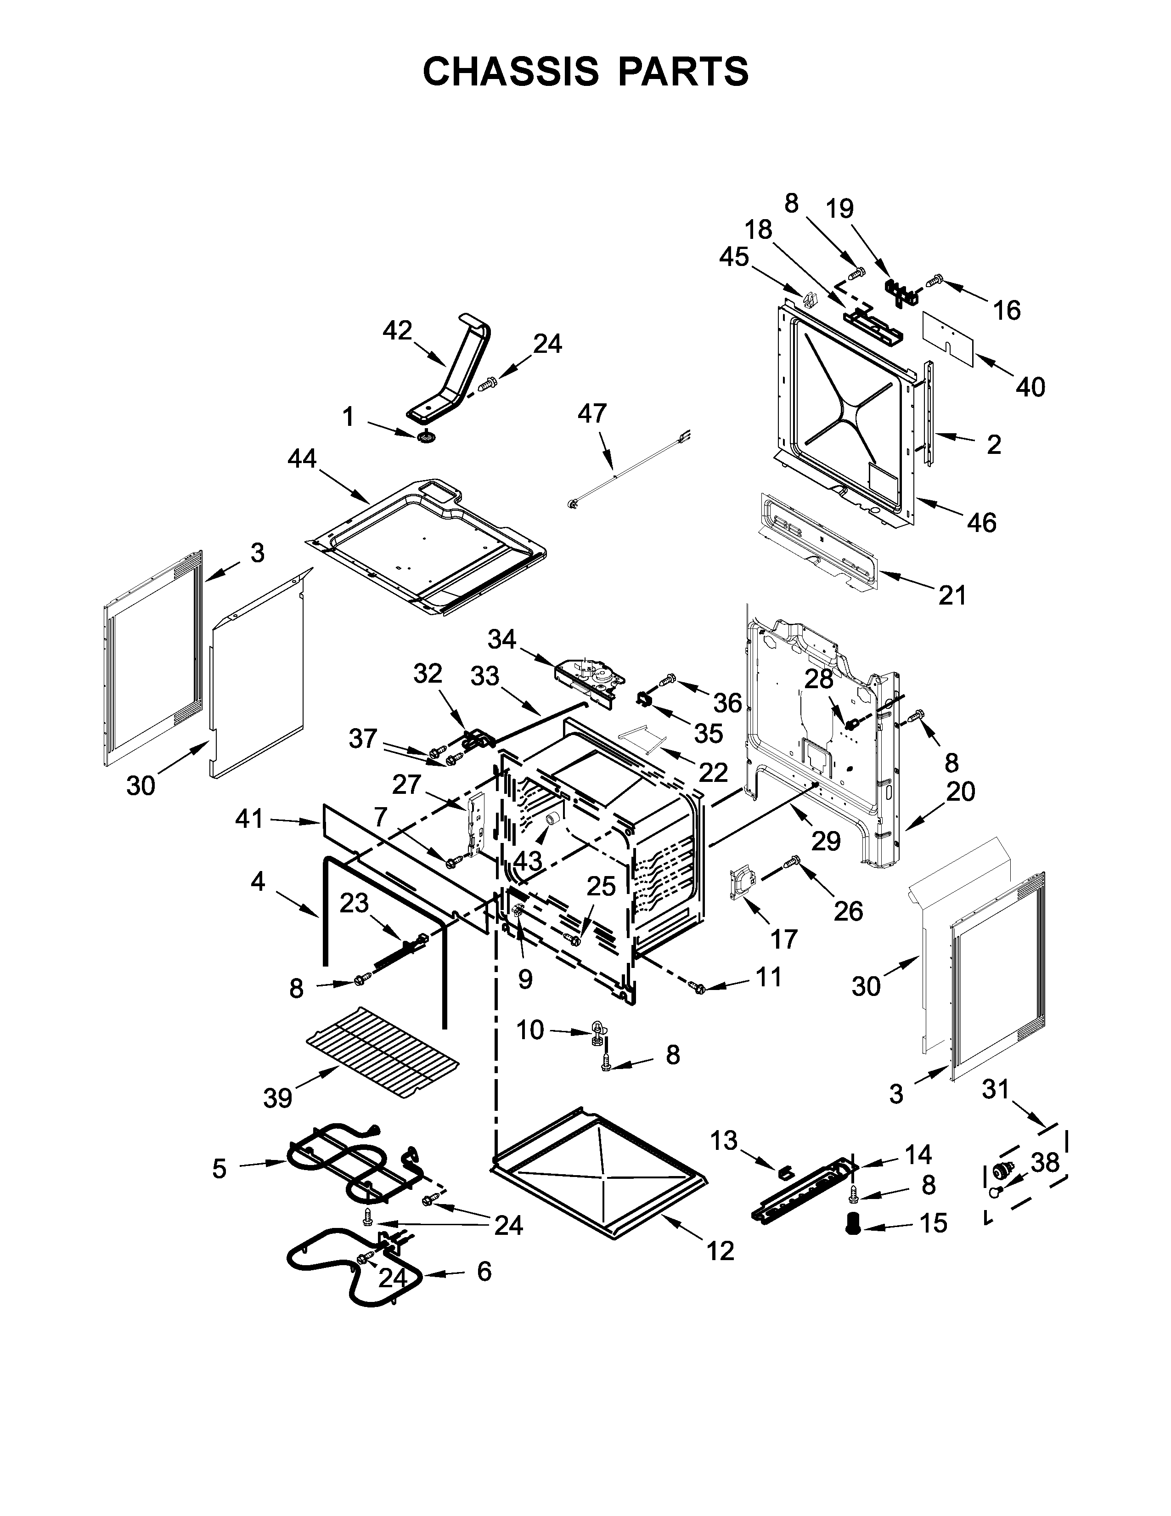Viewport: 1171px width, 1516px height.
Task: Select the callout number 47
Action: pyautogui.click(x=592, y=414)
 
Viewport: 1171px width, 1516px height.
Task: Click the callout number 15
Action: pyautogui.click(x=934, y=1223)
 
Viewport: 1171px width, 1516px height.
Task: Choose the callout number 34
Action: pyautogui.click(x=501, y=639)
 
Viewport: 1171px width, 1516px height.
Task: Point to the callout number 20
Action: pyautogui.click(x=961, y=792)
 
